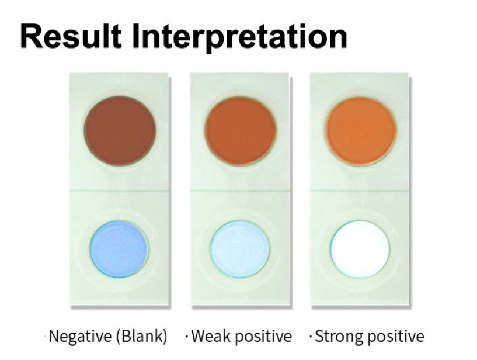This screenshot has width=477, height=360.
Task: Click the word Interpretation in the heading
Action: (240, 39)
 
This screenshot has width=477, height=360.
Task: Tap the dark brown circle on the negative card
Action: (120, 131)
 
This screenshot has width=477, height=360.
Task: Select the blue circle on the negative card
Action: (119, 249)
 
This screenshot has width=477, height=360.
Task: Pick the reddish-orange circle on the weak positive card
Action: (241, 131)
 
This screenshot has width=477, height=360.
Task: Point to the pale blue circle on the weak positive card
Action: (240, 249)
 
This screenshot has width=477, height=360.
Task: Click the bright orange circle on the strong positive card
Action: (361, 131)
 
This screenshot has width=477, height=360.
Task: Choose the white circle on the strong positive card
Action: (360, 249)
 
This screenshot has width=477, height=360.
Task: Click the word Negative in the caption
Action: (80, 337)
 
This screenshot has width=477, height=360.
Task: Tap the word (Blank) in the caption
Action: (142, 337)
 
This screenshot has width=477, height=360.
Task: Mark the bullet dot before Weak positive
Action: (186, 337)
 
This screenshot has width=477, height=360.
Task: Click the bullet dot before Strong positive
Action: (311, 337)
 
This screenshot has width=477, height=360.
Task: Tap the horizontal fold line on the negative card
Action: (119, 191)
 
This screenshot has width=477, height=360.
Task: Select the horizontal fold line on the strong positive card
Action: (360, 191)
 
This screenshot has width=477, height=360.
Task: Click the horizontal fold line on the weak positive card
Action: (240, 191)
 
